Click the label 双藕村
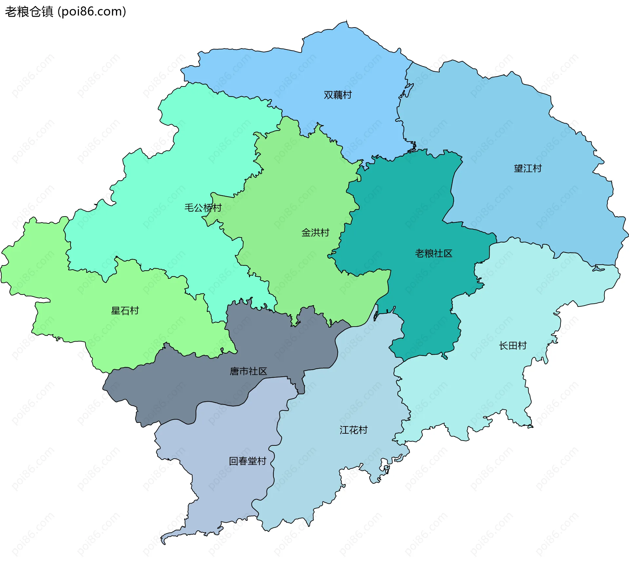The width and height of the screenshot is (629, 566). pos(338,95)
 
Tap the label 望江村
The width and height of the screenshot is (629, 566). pos(528,169)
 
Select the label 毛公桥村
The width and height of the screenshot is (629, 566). pos(203,208)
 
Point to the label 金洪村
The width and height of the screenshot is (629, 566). pos(315,233)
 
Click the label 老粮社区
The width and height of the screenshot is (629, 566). pos(433,254)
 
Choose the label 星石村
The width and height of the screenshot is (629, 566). pos(125,311)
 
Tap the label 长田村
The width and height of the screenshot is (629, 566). pos(513,346)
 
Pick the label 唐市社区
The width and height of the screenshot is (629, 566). pos(248,371)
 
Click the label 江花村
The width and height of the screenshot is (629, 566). pos(353,430)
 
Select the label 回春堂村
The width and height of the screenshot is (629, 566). pos(247,462)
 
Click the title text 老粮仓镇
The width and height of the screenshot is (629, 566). pos(29,12)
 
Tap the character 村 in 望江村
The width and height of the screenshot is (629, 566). pos(537,169)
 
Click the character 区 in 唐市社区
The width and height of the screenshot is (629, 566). pos(262,371)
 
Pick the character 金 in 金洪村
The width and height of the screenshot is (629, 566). pos(306,233)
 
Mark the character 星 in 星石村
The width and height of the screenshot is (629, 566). pos(116,311)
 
